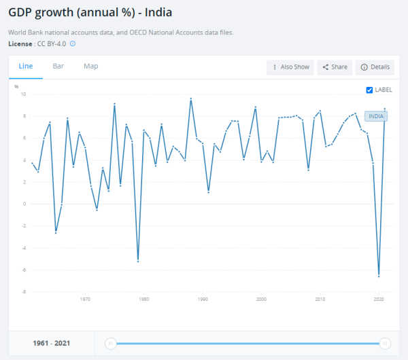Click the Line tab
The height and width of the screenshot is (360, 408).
26,66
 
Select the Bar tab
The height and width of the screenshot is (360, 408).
58,66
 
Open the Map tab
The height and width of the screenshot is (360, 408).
91,66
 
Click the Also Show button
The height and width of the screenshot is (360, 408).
291,67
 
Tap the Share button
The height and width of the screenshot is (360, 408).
335,67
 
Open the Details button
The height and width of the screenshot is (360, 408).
375,67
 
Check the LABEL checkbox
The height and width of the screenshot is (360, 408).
369,90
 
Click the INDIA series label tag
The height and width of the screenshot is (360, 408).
376,116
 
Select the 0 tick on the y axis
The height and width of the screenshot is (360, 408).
24,204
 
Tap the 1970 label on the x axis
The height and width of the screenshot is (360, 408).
85,299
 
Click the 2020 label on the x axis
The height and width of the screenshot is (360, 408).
379,299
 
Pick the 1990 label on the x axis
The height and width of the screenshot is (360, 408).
203,299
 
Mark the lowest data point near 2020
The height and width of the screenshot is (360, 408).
379,276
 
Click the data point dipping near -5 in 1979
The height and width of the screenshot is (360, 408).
138,262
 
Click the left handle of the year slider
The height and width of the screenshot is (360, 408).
110,344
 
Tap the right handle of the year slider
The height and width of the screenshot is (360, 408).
385,344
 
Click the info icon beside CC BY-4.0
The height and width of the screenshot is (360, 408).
73,43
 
